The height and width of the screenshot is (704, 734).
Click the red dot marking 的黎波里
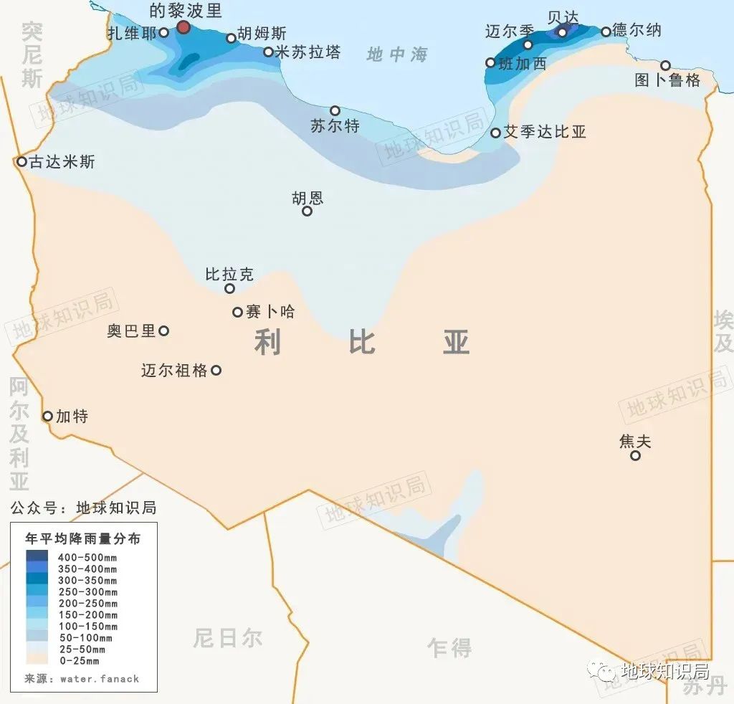click(x=183, y=27)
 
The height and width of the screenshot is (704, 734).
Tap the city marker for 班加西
click(x=490, y=63)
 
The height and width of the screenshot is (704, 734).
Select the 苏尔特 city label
click(x=335, y=127)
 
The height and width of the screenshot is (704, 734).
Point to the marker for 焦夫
click(x=635, y=456)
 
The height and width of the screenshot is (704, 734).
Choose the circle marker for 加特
click(x=47, y=417)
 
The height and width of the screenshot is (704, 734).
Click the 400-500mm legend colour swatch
click(x=37, y=556)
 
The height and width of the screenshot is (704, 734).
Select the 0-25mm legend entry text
click(x=79, y=660)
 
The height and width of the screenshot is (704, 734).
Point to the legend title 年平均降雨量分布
click(x=82, y=538)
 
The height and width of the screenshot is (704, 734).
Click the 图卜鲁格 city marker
click(x=665, y=66)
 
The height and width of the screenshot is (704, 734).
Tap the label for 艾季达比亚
click(x=545, y=133)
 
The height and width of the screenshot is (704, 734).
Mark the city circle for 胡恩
click(x=307, y=211)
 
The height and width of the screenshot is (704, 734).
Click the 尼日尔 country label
click(x=227, y=637)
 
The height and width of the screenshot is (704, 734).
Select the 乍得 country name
click(x=449, y=648)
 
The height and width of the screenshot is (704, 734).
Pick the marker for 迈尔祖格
click(x=216, y=371)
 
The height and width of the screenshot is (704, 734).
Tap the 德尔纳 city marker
click(x=606, y=32)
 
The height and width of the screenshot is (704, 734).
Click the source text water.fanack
click(x=99, y=678)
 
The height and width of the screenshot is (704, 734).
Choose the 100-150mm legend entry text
click(x=88, y=626)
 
